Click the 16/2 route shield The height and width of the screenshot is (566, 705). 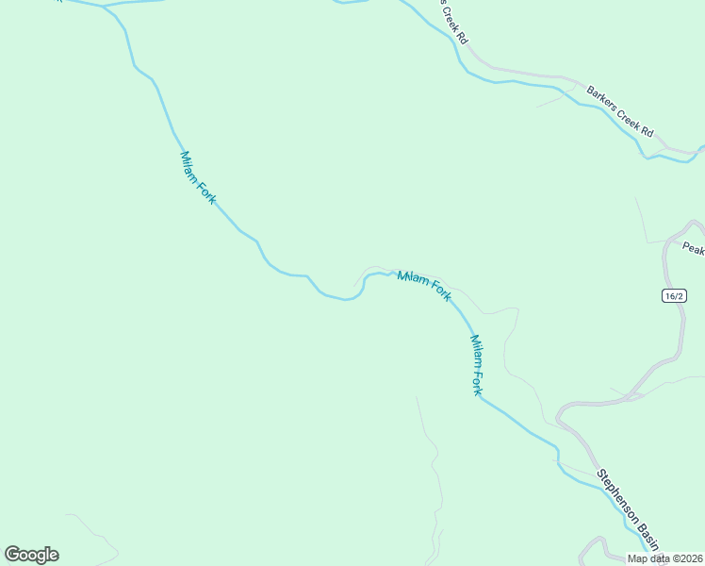(x=673, y=295)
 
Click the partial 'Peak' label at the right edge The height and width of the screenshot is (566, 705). (x=694, y=249)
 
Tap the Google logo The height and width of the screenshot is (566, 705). (x=32, y=555)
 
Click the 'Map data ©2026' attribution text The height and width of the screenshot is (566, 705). (x=665, y=558)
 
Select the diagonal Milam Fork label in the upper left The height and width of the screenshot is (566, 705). (x=198, y=177)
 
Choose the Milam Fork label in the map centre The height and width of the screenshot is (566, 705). (x=424, y=286)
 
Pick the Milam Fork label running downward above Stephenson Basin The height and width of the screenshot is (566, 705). (x=477, y=364)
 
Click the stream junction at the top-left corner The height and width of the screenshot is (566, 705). (x=101, y=6)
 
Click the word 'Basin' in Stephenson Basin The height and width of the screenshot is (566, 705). (x=646, y=533)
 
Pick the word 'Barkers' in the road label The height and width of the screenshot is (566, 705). (x=603, y=100)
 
